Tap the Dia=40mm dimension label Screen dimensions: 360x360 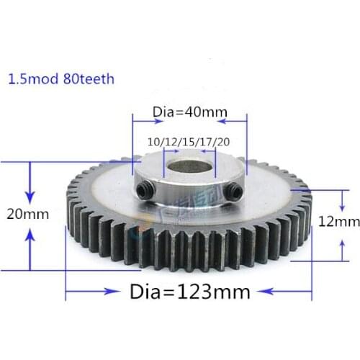[188, 112]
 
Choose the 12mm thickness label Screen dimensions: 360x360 [342, 222]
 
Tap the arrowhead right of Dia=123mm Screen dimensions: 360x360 [270, 292]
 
